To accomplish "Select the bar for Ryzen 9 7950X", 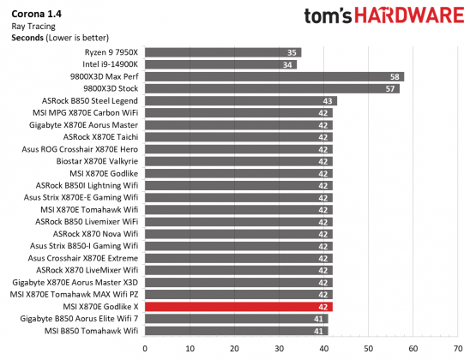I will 223,52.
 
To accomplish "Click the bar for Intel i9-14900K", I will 220,64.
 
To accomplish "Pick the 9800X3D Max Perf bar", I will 274,76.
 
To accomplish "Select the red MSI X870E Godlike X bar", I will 238,306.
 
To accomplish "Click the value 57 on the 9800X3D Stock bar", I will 391,88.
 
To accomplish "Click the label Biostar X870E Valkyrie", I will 97,160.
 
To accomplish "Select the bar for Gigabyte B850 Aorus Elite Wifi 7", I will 236,318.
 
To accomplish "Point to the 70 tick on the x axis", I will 457,348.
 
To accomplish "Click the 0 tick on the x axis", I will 145,348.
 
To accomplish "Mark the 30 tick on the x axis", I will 279,348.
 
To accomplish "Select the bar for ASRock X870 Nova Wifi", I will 238,233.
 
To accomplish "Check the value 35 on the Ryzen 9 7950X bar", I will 292,52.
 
